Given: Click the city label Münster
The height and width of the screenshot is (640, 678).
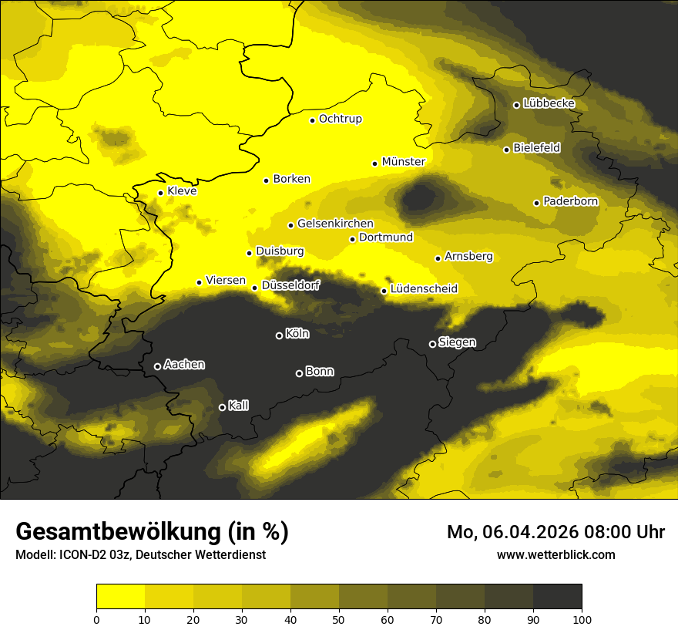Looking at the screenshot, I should (404, 162).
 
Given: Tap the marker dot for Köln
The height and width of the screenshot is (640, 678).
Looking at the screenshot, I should (279, 335).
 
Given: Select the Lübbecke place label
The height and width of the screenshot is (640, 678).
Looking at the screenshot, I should (549, 104).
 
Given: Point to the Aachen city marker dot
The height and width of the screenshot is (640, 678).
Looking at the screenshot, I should (157, 366).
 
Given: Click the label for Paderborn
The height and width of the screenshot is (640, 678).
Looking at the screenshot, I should (570, 202).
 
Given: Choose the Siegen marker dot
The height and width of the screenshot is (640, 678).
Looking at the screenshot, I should (432, 344).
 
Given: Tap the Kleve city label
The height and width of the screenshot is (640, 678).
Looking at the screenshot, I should (182, 191).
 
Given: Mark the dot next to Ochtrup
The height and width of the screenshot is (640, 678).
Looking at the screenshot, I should (312, 120).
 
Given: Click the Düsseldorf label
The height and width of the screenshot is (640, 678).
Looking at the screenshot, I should (290, 285).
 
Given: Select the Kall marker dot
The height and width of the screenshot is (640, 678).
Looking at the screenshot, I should (222, 407).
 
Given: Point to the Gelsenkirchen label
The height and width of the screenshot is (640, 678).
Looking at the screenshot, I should (335, 224).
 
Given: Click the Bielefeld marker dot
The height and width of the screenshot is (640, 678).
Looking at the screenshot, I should (506, 150).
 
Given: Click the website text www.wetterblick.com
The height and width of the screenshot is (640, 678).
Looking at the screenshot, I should (556, 554).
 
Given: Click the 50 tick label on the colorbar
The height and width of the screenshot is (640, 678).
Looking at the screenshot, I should (339, 619).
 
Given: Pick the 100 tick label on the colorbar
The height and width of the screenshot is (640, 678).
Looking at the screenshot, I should (582, 619).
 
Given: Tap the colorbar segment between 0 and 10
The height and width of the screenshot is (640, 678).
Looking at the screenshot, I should (120, 597).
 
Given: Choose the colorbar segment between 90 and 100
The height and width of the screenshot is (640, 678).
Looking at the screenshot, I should (557, 597).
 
